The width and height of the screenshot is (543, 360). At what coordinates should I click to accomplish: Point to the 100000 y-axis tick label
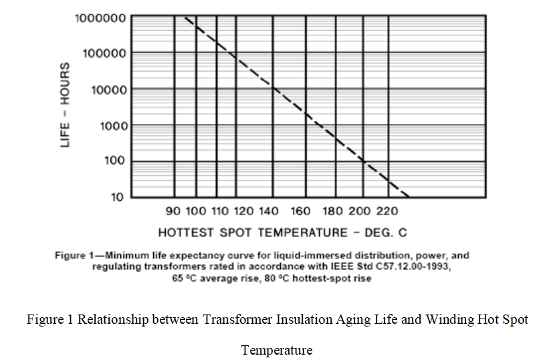(104, 53)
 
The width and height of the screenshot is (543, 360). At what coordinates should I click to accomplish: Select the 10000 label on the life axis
(106, 89)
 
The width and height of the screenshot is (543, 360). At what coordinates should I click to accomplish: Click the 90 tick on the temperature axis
(173, 211)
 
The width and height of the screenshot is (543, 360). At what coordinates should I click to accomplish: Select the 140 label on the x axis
(268, 211)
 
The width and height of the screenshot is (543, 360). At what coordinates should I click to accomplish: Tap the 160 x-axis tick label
(301, 211)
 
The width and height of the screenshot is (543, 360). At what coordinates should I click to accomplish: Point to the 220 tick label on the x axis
(387, 211)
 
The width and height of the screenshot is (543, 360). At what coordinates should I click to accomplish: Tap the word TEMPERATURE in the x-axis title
(298, 233)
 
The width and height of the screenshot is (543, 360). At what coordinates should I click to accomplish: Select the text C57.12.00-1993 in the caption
(409, 267)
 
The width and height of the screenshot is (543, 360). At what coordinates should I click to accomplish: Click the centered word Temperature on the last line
(276, 350)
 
